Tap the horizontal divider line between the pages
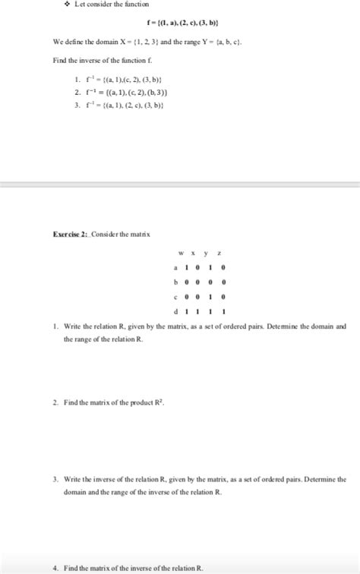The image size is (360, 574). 180,184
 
